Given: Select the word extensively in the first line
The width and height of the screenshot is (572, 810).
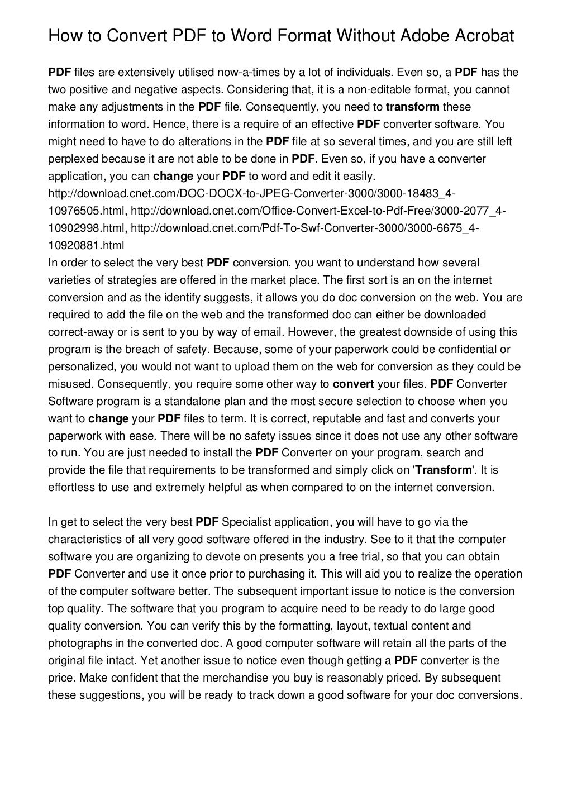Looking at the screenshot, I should [x=138, y=72].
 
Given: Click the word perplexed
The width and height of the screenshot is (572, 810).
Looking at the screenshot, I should [x=73, y=159].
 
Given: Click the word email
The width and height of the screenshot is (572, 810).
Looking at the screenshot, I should [x=268, y=332].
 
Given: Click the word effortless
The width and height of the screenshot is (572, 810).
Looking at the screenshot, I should [x=71, y=487].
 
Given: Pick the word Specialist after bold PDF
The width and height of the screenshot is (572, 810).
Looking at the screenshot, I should [x=246, y=522].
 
